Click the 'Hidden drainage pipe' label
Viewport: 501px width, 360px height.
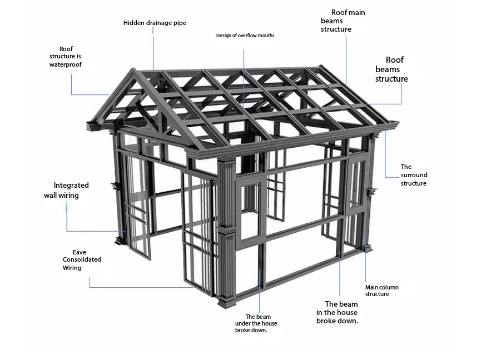(x=155, y=23)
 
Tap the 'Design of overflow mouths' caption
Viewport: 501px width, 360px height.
(x=245, y=36)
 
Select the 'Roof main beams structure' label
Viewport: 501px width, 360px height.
(x=343, y=21)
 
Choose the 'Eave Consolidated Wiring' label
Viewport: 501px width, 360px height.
(x=81, y=260)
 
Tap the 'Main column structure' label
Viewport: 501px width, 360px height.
(x=381, y=291)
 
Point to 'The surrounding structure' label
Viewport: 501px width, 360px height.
(x=414, y=175)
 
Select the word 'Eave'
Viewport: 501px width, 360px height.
(x=79, y=252)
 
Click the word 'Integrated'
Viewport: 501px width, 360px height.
(x=71, y=186)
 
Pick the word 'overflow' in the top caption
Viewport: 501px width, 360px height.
(x=247, y=36)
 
